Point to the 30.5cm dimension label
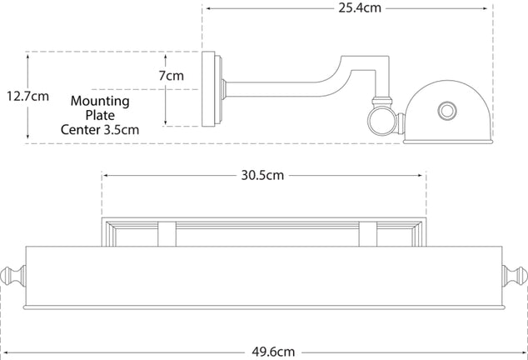click(x=263, y=176)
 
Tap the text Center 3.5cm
click(x=99, y=129)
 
